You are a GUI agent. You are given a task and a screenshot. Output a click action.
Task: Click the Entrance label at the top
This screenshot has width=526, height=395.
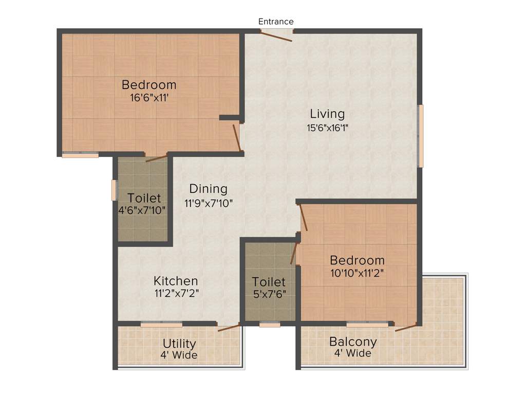(x=276, y=22)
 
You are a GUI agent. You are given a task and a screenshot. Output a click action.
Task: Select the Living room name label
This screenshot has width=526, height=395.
(x=327, y=114)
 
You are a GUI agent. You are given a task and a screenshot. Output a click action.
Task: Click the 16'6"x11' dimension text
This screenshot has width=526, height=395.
(x=149, y=97)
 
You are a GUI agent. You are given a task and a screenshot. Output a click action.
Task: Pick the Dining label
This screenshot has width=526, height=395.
(x=208, y=189)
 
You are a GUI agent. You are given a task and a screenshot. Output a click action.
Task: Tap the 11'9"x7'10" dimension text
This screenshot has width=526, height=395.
(x=209, y=203)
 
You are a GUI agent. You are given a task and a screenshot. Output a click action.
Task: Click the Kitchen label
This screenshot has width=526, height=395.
(x=176, y=281)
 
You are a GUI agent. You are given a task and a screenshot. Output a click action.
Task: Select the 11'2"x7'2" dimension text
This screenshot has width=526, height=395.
(x=176, y=294)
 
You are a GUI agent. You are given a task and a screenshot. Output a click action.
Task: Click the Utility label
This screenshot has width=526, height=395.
(x=179, y=344)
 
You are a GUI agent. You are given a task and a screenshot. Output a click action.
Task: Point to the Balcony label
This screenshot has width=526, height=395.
(x=353, y=342)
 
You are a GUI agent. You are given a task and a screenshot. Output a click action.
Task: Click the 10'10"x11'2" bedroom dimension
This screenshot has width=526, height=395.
(x=357, y=273)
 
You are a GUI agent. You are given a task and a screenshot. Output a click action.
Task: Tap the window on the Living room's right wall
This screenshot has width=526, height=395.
(x=420, y=136)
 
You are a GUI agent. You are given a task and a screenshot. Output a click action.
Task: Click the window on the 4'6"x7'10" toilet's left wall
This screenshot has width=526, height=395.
(x=114, y=190)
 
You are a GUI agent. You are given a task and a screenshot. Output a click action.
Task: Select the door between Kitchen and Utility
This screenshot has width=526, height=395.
(x=228, y=327)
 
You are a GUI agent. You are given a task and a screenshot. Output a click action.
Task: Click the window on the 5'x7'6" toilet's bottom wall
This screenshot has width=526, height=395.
(x=270, y=325)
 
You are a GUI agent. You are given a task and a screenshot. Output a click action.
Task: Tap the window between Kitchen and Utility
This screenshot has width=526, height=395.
(x=161, y=325)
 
